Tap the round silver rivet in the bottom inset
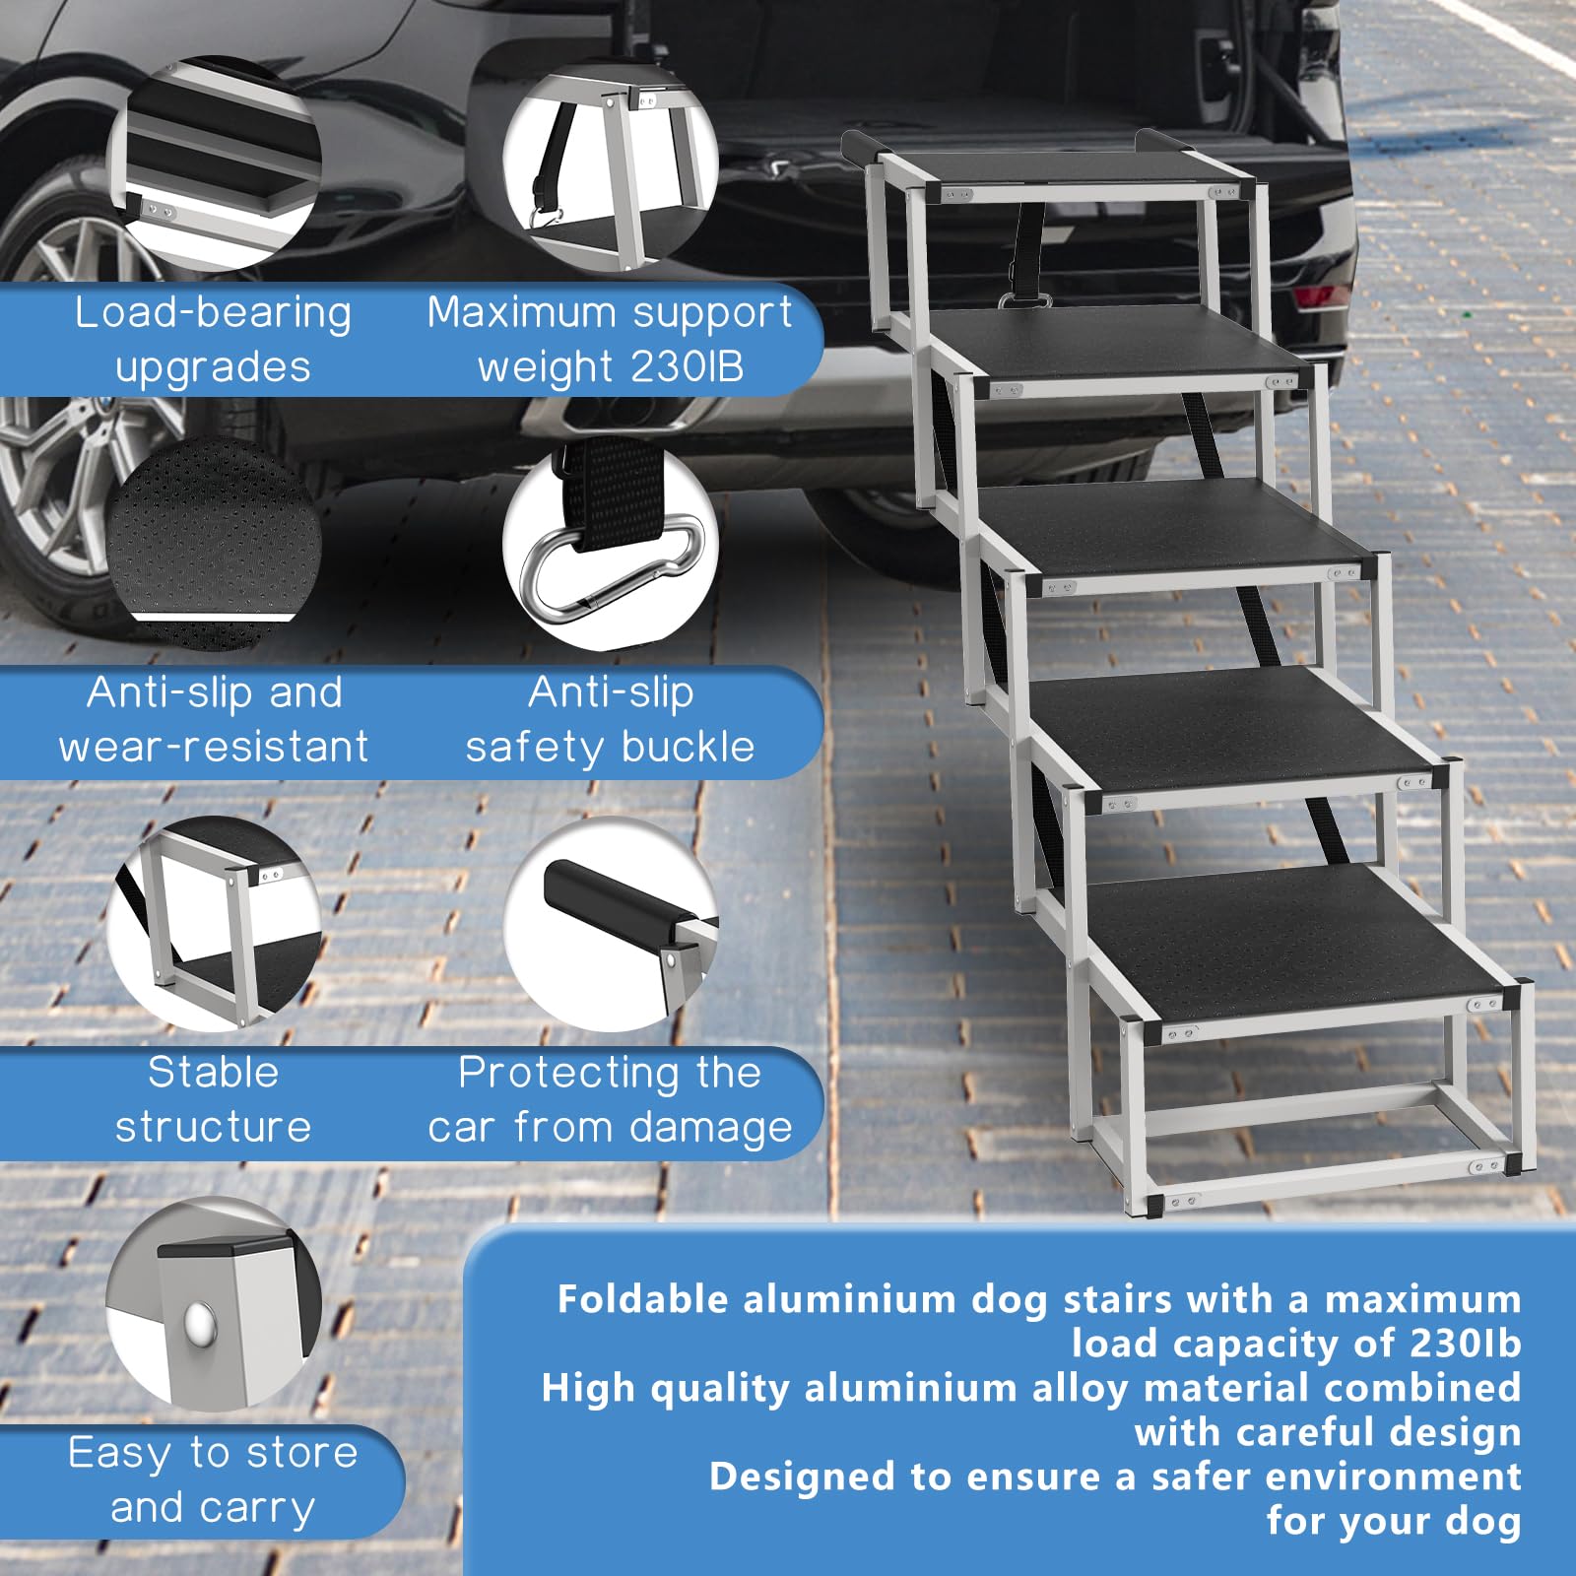click(201, 1321)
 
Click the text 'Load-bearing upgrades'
click(213, 340)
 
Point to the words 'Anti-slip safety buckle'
click(610, 720)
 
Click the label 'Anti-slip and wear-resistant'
click(213, 720)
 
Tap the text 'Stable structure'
click(213, 1099)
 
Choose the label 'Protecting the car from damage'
click(610, 1099)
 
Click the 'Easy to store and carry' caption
click(213, 1479)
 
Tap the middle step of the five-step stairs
click(1172, 527)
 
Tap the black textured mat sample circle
click(213, 542)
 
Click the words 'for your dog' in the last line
click(1393, 1521)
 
